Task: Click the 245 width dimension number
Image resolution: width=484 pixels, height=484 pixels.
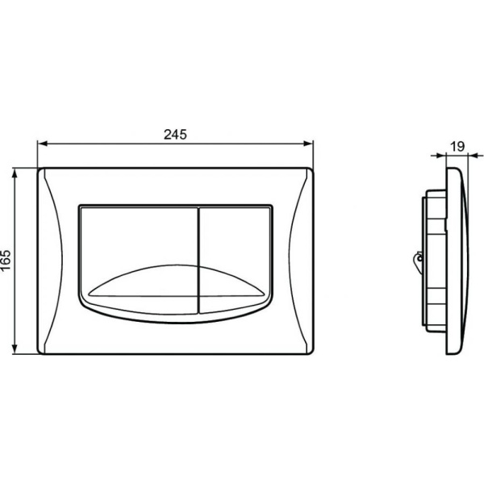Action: click(175, 135)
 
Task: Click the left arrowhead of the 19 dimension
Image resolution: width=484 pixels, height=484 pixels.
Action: click(444, 156)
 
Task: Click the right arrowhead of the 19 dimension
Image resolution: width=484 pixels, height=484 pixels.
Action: click(465, 156)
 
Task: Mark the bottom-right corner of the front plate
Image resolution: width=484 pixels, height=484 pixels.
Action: click(311, 354)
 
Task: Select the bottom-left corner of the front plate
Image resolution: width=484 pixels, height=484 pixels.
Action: click(40, 354)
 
